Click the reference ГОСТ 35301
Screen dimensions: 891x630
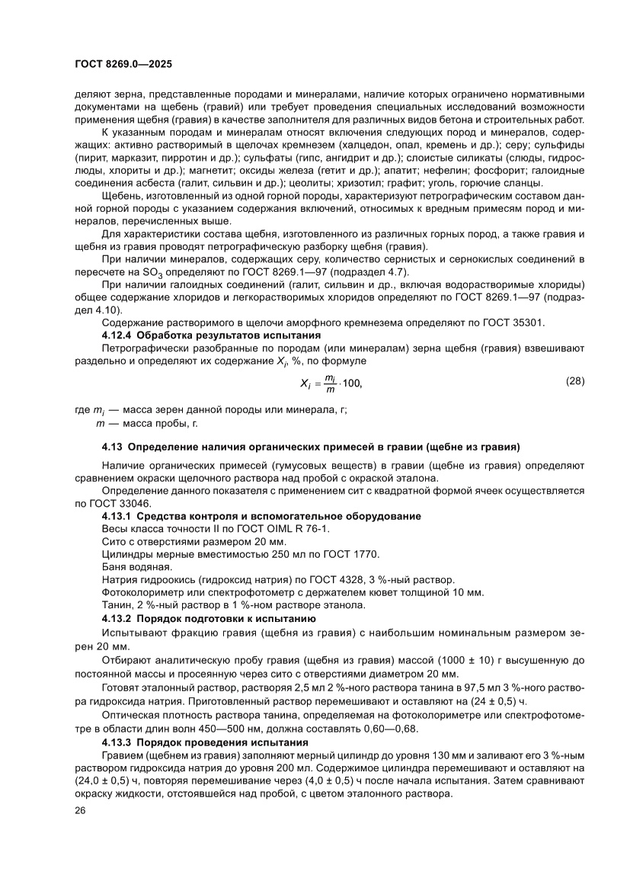[x=513, y=323]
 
